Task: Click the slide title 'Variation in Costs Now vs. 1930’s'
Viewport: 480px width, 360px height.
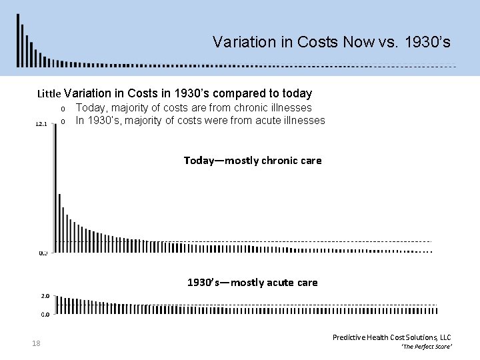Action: coord(332,42)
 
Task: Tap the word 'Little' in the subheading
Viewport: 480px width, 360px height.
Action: coord(49,94)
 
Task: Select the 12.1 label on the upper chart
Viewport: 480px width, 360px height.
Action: coord(41,124)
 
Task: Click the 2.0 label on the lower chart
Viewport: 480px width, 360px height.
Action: coord(44,295)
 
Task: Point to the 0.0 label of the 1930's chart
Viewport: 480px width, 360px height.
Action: coord(44,313)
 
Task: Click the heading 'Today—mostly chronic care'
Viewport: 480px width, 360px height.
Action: coord(252,160)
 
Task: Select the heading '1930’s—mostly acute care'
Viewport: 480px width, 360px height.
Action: coord(252,283)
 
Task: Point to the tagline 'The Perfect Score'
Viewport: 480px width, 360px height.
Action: coord(427,348)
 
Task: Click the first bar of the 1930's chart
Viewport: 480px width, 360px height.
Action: coord(57,304)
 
